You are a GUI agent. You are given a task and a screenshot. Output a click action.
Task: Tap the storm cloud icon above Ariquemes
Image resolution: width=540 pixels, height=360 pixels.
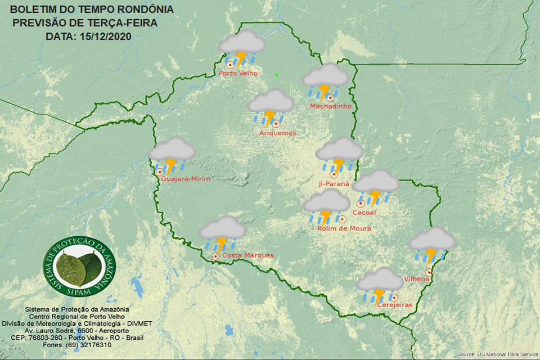[x=271, y=106]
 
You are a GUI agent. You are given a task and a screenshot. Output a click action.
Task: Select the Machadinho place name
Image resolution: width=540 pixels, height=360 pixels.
[x=331, y=106]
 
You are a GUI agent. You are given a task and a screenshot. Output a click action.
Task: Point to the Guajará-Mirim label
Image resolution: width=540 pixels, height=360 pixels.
[x=185, y=179]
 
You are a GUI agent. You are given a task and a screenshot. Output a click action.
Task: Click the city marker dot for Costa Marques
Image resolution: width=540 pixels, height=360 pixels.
[x=215, y=256]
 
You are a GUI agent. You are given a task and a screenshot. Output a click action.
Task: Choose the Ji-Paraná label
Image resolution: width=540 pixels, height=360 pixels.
[x=334, y=183]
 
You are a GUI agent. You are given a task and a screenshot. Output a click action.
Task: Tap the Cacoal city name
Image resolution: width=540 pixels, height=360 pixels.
[x=363, y=213]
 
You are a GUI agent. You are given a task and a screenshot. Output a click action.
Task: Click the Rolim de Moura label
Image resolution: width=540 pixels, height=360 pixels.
[x=344, y=228]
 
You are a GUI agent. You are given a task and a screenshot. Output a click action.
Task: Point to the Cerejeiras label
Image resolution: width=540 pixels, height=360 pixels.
[x=395, y=305]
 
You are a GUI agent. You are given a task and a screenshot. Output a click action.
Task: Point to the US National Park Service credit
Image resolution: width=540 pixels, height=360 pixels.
[x=497, y=354]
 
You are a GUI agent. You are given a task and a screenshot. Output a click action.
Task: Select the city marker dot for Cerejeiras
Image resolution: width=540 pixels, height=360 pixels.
[x=395, y=298]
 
